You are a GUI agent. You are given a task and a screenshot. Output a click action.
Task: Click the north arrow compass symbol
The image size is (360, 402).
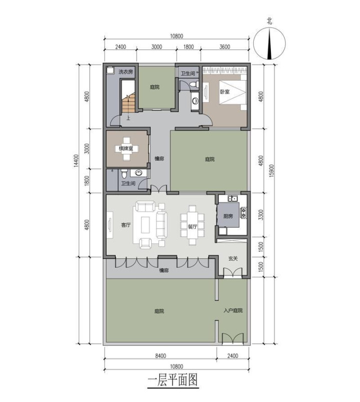tap(269, 44)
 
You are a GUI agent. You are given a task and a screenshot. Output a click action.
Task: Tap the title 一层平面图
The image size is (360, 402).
tap(173, 380)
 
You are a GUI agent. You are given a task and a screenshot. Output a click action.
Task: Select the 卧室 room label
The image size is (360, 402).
tap(225, 92)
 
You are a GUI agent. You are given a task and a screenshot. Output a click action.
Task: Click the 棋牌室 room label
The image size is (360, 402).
tap(126, 149)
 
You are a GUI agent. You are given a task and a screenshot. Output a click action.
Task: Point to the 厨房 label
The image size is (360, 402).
tap(228, 216)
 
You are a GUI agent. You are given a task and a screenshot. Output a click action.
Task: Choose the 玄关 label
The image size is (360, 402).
tap(233, 259)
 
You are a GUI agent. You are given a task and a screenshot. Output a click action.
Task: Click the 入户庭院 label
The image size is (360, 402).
tap(233, 310)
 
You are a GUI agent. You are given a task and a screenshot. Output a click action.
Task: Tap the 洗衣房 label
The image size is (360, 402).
tap(126, 72)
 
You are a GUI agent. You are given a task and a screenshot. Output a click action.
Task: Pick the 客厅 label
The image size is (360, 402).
tap(126, 225)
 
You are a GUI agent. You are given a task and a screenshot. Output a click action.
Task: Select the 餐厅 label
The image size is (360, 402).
tap(192, 227)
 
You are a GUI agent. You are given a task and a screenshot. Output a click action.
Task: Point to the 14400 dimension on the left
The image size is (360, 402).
tap(76, 161)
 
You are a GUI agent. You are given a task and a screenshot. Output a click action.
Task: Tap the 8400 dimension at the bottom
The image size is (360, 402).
tap(161, 356)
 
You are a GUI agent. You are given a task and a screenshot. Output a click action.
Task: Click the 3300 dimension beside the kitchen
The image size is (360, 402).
tap(261, 215)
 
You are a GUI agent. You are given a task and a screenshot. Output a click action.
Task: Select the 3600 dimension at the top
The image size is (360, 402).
tap(225, 47)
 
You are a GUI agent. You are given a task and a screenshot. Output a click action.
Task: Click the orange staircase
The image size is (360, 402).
tap(128, 104)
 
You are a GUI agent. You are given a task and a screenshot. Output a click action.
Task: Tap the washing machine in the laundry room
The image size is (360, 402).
tap(110, 70)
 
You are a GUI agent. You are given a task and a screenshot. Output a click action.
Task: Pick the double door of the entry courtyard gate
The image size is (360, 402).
tap(233, 338)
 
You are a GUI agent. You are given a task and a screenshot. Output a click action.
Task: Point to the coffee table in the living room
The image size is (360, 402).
tap(145, 225)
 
